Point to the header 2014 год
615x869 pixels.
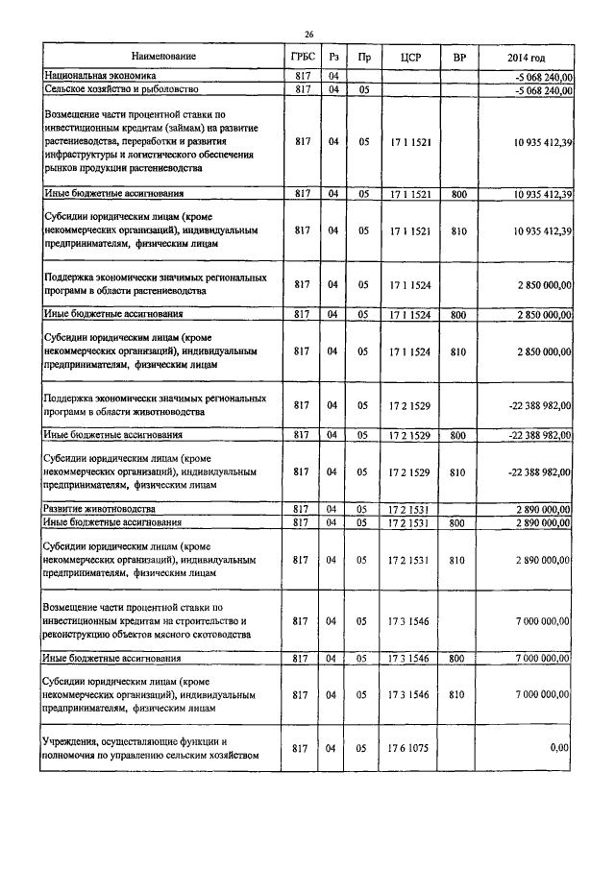(x=527, y=58)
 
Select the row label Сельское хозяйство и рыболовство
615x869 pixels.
(x=121, y=89)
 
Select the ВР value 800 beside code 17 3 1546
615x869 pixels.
(x=458, y=658)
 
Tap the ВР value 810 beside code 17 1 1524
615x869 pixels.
(x=458, y=351)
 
